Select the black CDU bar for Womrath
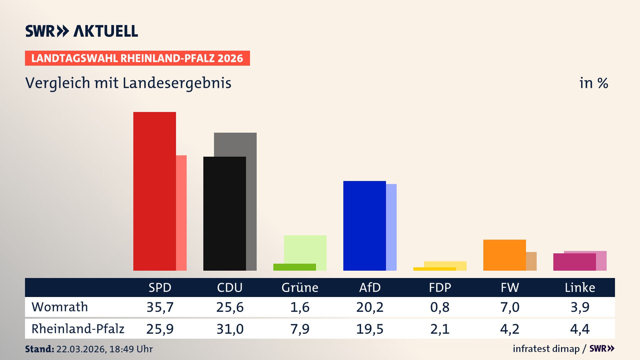(x=224, y=213)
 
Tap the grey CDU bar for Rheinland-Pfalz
(x=251, y=200)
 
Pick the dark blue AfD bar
(x=364, y=226)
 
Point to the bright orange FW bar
(x=504, y=255)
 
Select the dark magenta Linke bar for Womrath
(x=574, y=262)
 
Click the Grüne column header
(x=300, y=287)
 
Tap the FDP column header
(x=440, y=287)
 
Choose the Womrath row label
(x=60, y=307)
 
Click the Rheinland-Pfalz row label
(x=78, y=329)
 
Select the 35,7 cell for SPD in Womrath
(x=160, y=307)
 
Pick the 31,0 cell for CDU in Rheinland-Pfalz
(x=230, y=329)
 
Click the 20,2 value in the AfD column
(x=370, y=307)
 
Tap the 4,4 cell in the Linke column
(x=580, y=329)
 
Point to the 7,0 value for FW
(x=510, y=307)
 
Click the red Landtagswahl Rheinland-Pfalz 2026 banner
(x=137, y=58)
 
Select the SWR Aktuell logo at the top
(x=82, y=31)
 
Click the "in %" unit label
(x=593, y=83)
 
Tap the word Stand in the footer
(x=39, y=349)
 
